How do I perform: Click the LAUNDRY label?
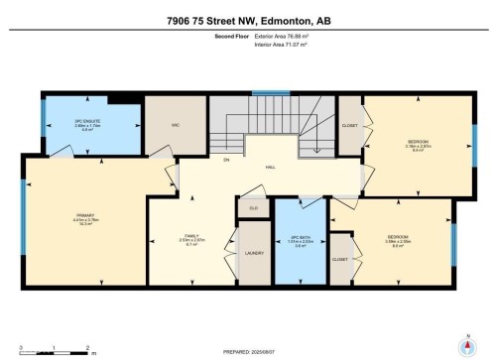[x=252, y=254]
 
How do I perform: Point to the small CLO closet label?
[x=253, y=208]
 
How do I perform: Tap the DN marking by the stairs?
[x=226, y=159]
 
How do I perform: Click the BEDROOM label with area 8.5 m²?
[x=398, y=237]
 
